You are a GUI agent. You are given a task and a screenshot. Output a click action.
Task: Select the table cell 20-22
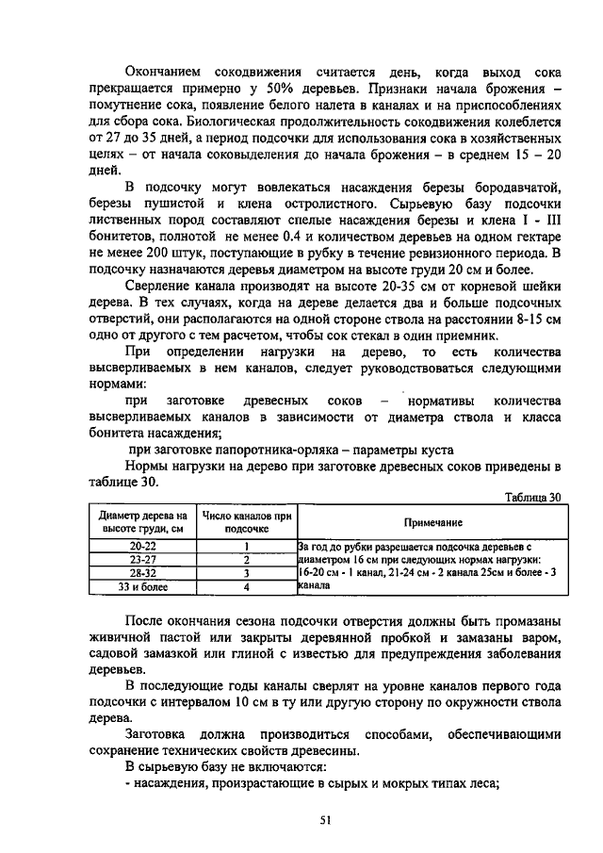(x=143, y=546)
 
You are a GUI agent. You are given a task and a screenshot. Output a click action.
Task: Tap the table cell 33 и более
(x=143, y=586)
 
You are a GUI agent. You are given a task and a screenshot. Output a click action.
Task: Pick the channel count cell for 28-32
(x=246, y=572)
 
